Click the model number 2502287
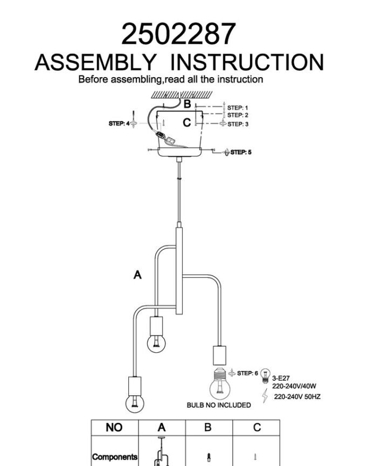pos(179,34)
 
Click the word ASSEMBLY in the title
pos(95,63)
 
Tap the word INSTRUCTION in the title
pos(247,63)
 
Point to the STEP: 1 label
pos(238,107)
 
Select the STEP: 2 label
pos(238,115)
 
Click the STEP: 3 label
pos(238,124)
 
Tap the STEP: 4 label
pos(119,124)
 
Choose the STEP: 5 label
pos(241,152)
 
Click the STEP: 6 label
pos(247,373)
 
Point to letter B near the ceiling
pos(187,104)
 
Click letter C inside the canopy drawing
pos(186,122)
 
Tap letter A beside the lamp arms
pos(137,275)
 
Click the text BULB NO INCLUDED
pos(219,405)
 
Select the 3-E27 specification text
pos(281,378)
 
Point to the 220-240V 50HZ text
pos(297,397)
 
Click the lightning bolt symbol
pos(265,396)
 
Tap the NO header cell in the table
pos(114,427)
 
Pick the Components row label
pos(115,457)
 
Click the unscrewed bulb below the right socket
pos(220,384)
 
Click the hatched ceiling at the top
pos(182,95)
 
